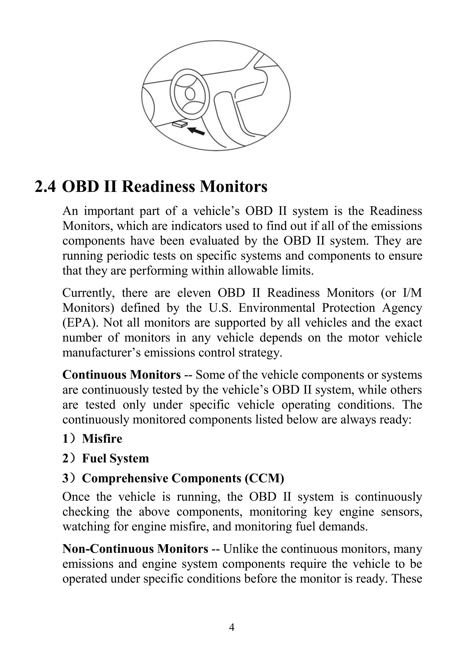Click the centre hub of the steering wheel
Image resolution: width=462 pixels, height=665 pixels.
(190, 94)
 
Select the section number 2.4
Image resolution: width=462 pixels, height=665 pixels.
(45, 187)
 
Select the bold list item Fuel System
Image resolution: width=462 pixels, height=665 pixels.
(115, 459)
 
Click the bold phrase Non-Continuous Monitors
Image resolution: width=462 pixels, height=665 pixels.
(135, 549)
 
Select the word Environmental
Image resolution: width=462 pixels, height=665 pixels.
(276, 308)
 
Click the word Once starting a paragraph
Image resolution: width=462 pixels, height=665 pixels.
(76, 497)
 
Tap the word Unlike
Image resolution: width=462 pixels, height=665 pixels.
(240, 549)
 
